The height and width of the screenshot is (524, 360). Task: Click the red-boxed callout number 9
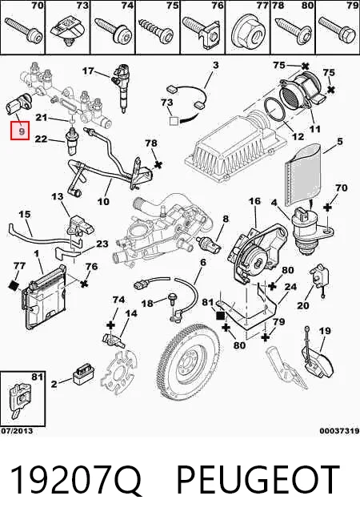[20, 131]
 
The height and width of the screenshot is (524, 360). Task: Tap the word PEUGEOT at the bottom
[258, 480]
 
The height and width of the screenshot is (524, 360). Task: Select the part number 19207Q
[76, 480]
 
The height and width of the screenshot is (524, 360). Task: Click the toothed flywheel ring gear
[189, 363]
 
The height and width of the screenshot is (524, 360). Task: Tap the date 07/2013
[17, 431]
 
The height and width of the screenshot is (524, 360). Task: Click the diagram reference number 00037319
[340, 431]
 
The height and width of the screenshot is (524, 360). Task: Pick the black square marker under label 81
[221, 316]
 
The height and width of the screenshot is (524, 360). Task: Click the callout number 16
[254, 202]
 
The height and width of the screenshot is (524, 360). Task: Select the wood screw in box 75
[156, 31]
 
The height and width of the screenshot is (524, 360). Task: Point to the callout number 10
[103, 202]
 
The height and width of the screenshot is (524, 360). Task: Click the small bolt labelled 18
[173, 298]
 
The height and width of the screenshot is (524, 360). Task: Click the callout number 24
[290, 286]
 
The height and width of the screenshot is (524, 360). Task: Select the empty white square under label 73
[174, 121]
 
